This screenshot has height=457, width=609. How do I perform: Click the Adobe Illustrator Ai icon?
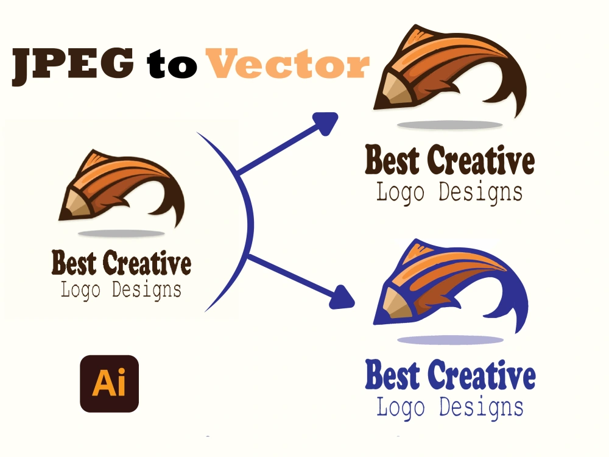tap(110, 384)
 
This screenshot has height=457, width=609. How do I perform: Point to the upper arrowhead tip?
tap(337, 114)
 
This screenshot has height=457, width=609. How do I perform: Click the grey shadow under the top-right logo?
tap(450, 125)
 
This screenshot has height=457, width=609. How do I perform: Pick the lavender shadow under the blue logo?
tap(450, 340)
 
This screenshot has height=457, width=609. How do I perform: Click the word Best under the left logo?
tap(74, 264)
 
